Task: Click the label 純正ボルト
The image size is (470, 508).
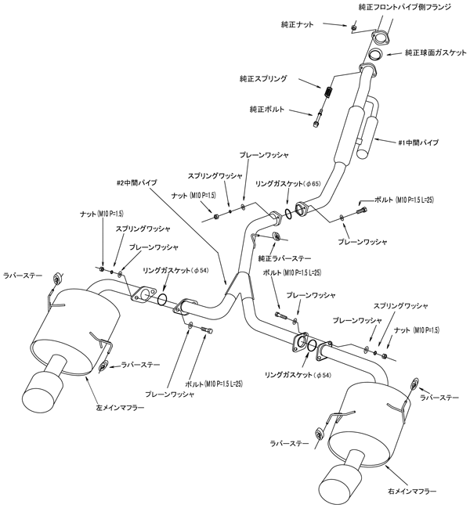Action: [268, 110]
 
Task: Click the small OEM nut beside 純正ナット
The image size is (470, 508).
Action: [354, 28]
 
